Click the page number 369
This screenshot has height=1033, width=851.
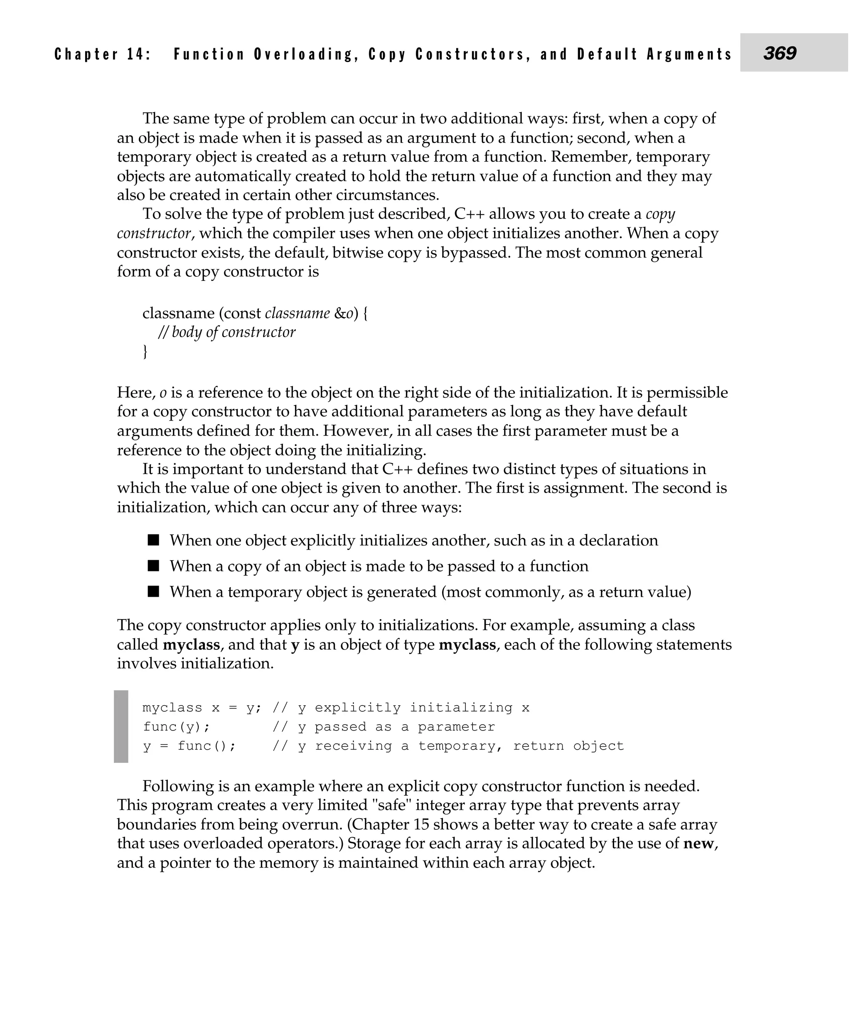tap(780, 53)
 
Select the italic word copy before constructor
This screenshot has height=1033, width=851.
tap(660, 214)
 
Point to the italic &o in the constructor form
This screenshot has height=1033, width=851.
tap(344, 313)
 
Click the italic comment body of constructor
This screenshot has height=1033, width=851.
tap(226, 332)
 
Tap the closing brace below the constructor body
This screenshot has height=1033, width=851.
tap(145, 351)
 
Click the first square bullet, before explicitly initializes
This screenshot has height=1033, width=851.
tap(154, 540)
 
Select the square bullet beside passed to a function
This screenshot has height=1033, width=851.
tap(154, 566)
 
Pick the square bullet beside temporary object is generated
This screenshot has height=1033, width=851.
tap(154, 592)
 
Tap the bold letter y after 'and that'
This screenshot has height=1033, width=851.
tap(295, 645)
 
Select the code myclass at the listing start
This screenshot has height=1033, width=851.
tap(172, 708)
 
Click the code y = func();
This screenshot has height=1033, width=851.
tap(189, 746)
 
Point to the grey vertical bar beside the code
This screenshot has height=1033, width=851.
tap(121, 727)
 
